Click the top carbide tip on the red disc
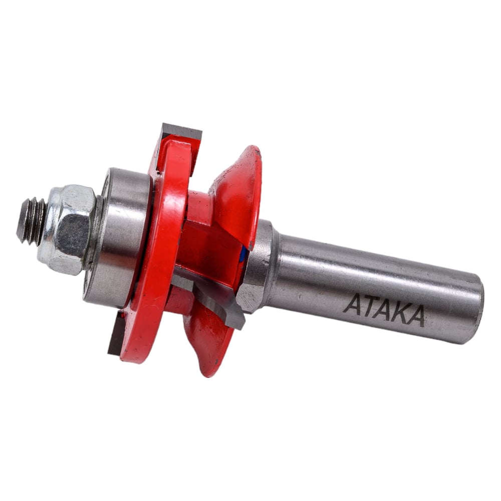[182, 132]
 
